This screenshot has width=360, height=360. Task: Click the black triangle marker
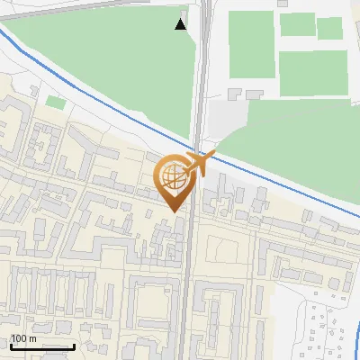pyautogui.click(x=181, y=24)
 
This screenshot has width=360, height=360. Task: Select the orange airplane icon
pyautogui.click(x=201, y=163)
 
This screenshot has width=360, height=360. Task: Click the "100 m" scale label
pyautogui.click(x=22, y=338)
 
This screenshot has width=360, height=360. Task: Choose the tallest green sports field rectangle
pyautogui.click(x=251, y=44)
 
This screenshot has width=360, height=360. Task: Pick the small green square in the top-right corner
pyautogui.click(x=329, y=28)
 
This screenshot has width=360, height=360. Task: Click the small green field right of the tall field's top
pyautogui.click(x=296, y=24)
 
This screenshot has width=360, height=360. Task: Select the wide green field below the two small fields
pyautogui.click(x=312, y=72)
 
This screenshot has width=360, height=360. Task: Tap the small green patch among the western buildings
pyautogui.click(x=56, y=103)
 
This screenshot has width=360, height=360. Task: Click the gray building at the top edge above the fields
pyautogui.click(x=283, y=4)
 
